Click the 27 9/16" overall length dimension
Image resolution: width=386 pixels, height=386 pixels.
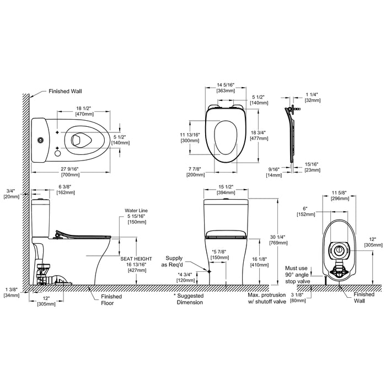[x=70, y=171]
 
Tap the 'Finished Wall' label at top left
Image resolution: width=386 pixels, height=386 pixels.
[x=65, y=92]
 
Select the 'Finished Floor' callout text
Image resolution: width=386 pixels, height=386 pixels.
[x=111, y=299]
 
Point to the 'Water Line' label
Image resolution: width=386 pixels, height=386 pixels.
[x=136, y=211]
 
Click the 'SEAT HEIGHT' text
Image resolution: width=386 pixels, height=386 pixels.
[x=136, y=259]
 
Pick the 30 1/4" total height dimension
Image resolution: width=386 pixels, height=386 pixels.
[x=278, y=240]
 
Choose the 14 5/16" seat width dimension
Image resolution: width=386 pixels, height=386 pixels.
[x=226, y=88]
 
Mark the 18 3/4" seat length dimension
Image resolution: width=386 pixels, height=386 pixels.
[x=259, y=136]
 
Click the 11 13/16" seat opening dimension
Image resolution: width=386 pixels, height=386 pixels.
[x=190, y=138]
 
